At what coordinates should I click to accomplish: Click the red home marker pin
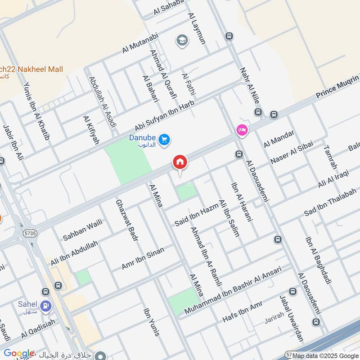(180, 162)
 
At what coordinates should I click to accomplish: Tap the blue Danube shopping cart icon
(164, 140)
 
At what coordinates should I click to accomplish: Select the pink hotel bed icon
(241, 130)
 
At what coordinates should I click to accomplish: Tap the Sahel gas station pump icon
(45, 307)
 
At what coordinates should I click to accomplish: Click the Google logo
(19, 354)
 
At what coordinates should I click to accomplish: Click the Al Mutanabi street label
(141, 43)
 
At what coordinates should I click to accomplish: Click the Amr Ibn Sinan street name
(143, 258)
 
